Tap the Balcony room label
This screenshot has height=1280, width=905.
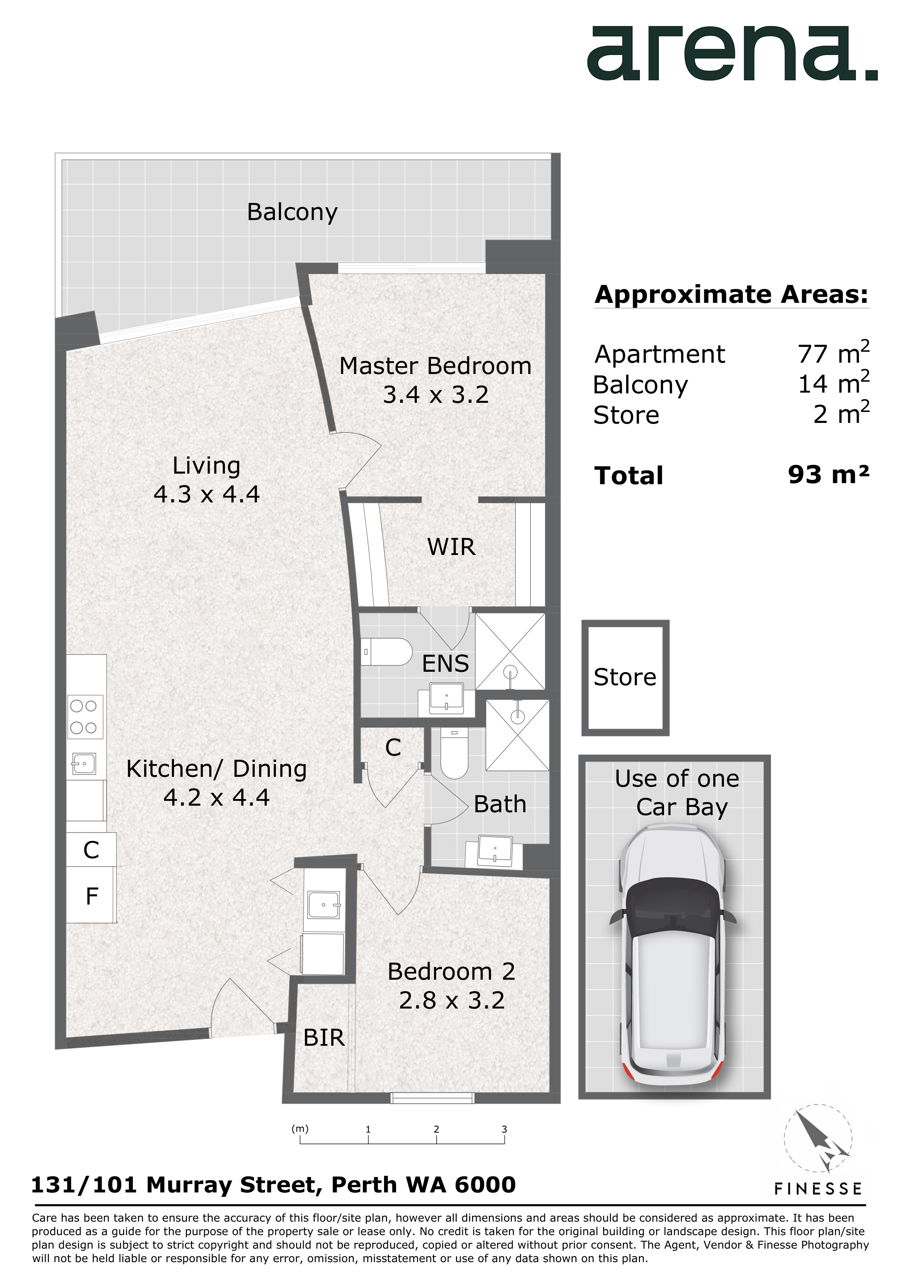coord(292,212)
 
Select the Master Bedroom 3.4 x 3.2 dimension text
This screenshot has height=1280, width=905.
coord(436,395)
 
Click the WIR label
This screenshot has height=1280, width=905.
coord(452,547)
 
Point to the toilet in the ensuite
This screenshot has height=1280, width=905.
coord(386,652)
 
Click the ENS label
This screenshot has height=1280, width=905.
coord(445,663)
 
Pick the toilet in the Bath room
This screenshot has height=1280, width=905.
coord(454,753)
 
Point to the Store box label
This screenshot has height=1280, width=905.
coord(625,677)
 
